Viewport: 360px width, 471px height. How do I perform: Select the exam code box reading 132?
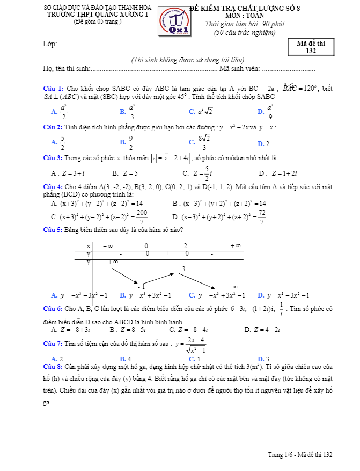point(311,47)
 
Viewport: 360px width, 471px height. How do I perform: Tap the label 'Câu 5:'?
point(53,230)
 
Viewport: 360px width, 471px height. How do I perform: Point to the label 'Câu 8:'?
point(53,366)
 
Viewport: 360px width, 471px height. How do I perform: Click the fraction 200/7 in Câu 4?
point(142,217)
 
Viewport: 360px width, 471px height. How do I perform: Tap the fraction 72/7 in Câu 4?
point(261,217)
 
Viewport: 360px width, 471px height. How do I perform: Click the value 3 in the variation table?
point(183,269)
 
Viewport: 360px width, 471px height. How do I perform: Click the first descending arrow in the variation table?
point(124,273)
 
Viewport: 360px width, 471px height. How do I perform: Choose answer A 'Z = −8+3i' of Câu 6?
point(70,330)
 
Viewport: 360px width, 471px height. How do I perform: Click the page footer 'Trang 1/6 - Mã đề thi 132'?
point(300,455)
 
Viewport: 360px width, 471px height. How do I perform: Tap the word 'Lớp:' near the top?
point(50,44)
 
